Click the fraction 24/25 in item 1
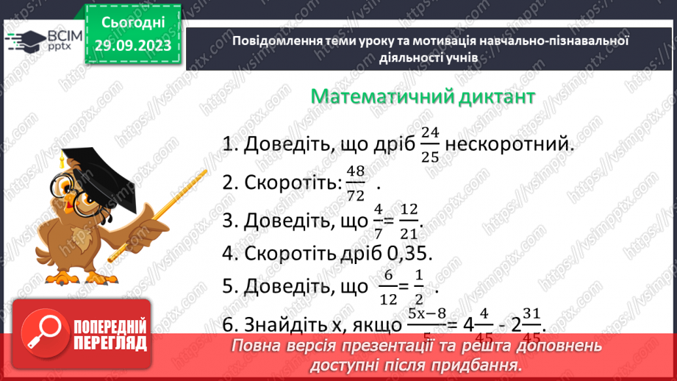coord(431,144)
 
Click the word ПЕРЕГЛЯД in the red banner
coord(110,343)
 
